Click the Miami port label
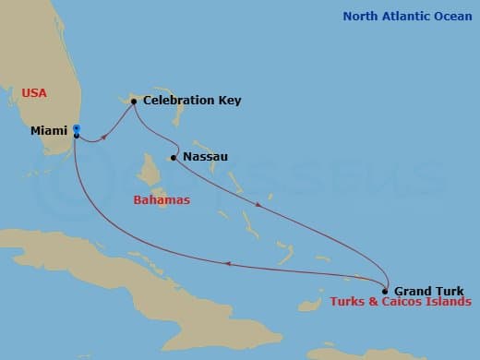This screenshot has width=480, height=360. click(x=49, y=131)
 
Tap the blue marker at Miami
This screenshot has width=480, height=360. click(x=77, y=129)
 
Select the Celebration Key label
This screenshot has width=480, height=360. click(x=192, y=100)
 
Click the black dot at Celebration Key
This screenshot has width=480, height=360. click(x=134, y=101)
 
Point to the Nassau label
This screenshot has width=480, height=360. click(x=206, y=157)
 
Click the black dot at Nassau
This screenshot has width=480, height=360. click(x=174, y=158)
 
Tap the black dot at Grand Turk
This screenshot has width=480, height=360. click(x=386, y=291)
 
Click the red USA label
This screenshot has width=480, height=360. click(x=34, y=93)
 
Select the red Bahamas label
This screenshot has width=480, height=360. click(x=162, y=199)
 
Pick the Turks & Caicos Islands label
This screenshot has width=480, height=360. click(x=400, y=303)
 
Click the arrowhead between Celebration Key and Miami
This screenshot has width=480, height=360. click(x=102, y=138)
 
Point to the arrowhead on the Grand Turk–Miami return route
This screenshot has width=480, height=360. click(x=227, y=264)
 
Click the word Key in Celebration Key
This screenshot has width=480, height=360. click(x=230, y=100)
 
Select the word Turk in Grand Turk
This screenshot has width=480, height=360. click(x=448, y=291)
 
